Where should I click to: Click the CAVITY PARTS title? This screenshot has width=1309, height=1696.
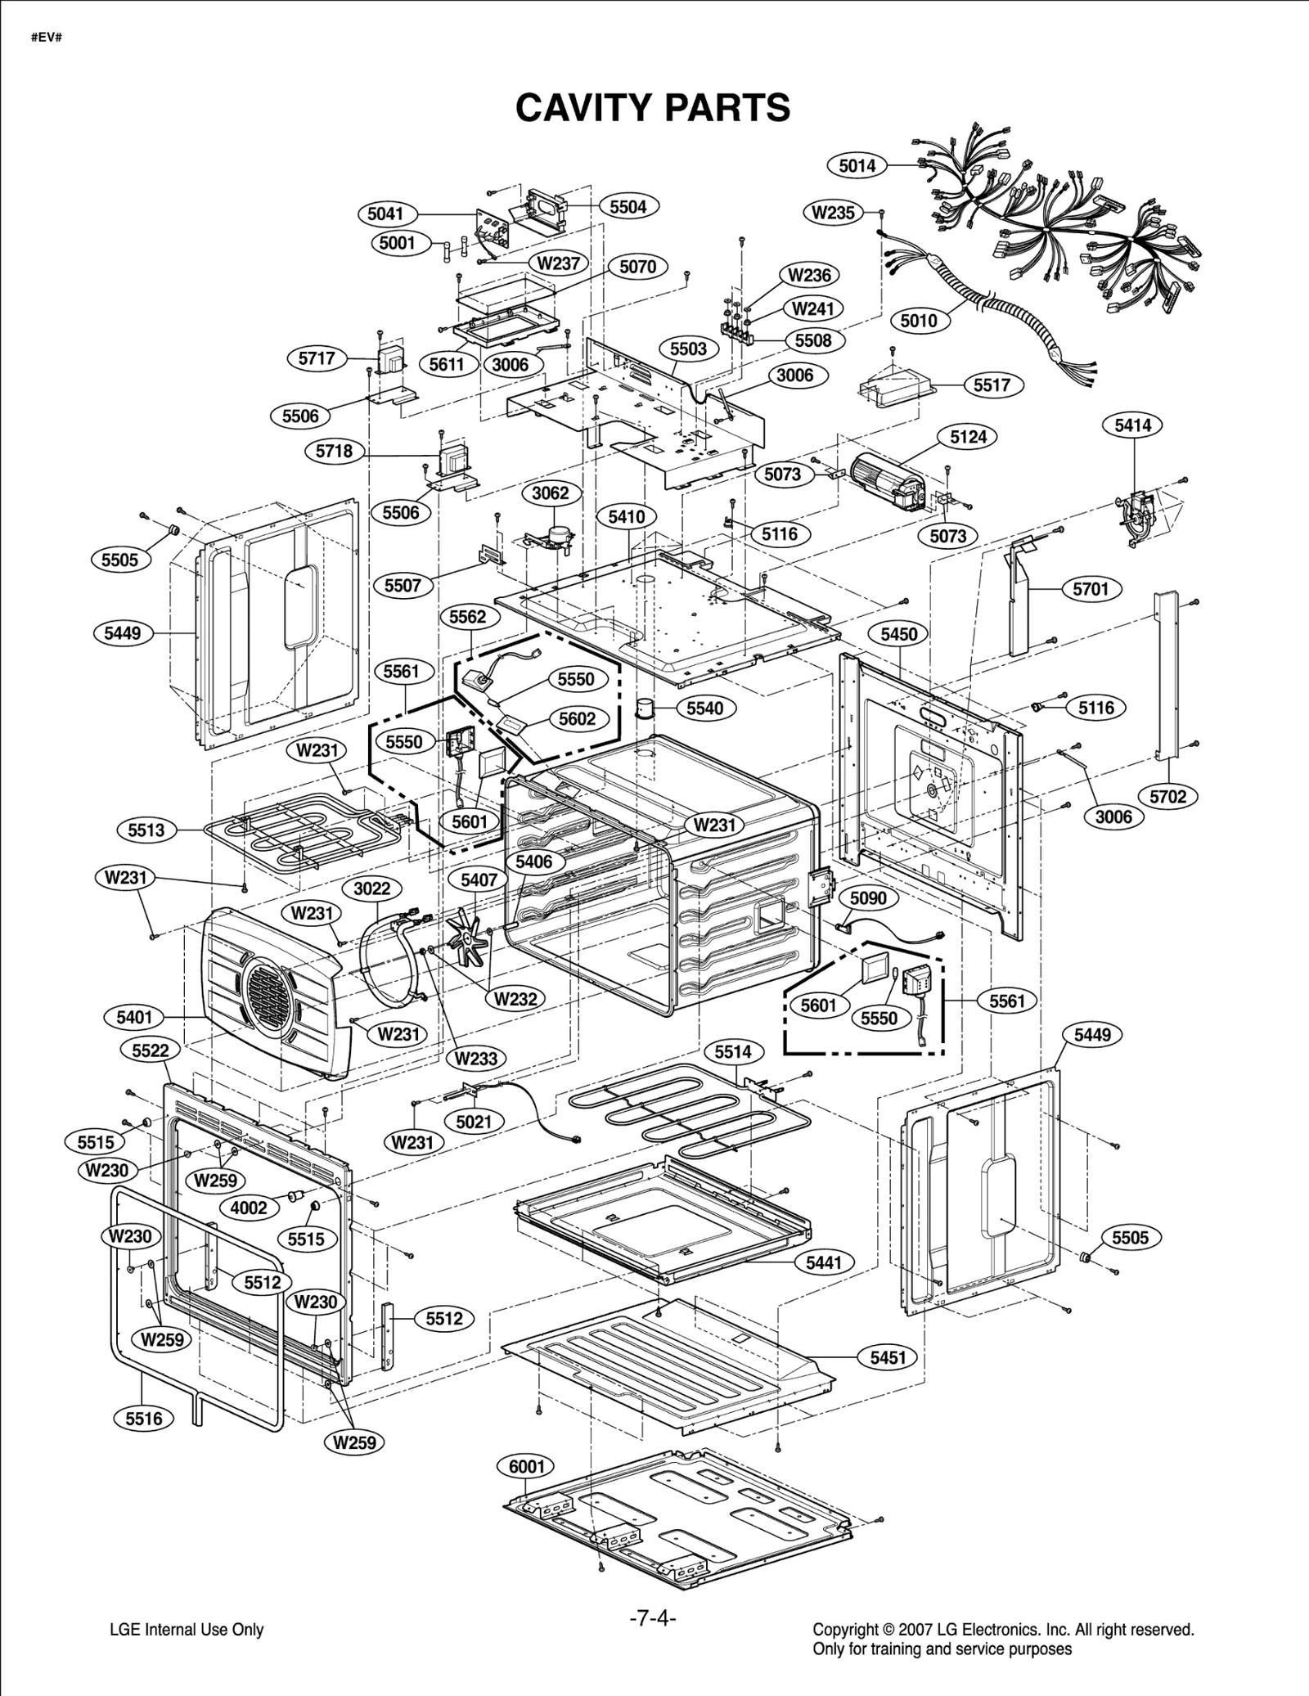coord(652,107)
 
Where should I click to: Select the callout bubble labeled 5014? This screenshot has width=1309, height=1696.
coord(857,166)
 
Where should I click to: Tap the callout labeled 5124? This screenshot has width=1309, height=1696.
coord(968,437)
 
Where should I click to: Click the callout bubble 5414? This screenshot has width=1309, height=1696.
coord(1132,425)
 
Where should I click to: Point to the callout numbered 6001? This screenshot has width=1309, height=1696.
coord(526,1467)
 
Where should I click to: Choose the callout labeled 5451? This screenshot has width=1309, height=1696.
coord(888,1357)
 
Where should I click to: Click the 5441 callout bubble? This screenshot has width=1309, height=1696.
coord(823,1262)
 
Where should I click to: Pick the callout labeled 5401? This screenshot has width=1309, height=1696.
coord(135,1017)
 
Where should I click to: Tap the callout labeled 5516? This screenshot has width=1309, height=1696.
coord(144,1418)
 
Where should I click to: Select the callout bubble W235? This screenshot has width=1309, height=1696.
coord(833,213)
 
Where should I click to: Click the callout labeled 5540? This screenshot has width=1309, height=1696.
coord(705,708)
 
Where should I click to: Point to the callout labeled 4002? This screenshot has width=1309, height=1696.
coord(249,1208)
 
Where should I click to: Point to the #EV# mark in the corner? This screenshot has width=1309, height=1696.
coord(47,38)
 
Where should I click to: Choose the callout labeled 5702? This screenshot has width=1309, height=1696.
coord(1167,796)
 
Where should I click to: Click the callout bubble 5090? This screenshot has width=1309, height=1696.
coord(868,897)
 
